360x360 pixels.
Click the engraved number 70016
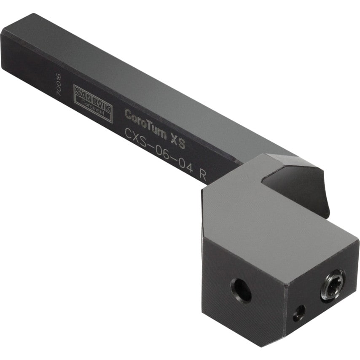59,86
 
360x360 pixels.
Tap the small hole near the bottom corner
299,313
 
